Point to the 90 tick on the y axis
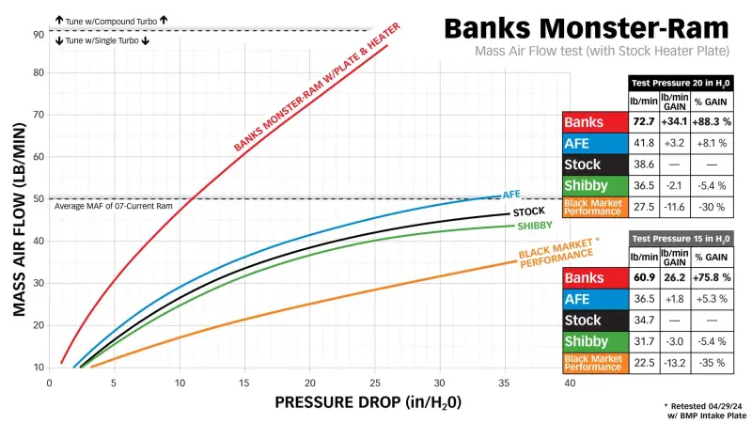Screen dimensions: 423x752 [x=39, y=34]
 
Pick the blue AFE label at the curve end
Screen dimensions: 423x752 [x=511, y=194]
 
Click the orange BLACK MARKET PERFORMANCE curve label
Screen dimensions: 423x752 [x=557, y=252]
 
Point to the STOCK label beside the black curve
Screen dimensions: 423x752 [x=529, y=211]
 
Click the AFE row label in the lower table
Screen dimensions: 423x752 [x=594, y=299]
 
